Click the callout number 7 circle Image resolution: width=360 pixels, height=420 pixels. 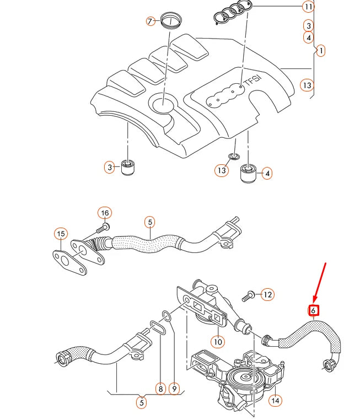[x=151, y=21]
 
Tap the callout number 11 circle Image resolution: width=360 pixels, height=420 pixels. [x=308, y=7]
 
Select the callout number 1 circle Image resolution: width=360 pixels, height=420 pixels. [x=320, y=50]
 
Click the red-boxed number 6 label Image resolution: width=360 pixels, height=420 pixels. [x=313, y=310]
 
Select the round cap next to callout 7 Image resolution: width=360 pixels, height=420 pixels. [x=172, y=23]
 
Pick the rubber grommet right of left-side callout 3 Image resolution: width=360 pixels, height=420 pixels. [x=128, y=166]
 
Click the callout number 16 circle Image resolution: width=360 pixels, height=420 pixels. [x=105, y=213]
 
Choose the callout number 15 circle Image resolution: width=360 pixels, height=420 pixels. [x=61, y=234]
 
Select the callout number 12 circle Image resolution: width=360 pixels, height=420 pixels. [x=267, y=295]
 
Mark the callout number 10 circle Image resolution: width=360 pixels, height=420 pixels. [x=218, y=342]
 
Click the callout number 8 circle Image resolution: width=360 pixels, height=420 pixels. [x=160, y=389]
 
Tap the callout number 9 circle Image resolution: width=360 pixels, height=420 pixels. [x=174, y=389]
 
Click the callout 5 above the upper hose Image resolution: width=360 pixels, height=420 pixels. [x=149, y=222]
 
